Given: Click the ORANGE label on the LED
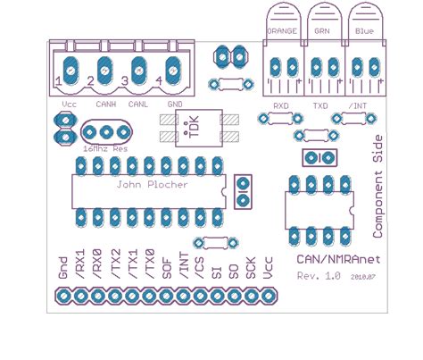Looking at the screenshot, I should [282, 30].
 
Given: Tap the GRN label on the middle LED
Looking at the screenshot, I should [322, 30].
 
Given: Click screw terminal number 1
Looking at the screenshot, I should [59, 81].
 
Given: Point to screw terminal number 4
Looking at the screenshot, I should [158, 81].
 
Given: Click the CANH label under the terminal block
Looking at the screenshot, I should [105, 104].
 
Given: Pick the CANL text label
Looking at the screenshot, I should [138, 104].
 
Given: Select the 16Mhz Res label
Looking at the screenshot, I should [105, 148].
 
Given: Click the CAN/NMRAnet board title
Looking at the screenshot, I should [336, 257].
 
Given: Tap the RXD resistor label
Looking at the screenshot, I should [281, 105].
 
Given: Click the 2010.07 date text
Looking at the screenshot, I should [363, 278].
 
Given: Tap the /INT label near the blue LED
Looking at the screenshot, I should [358, 105].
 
